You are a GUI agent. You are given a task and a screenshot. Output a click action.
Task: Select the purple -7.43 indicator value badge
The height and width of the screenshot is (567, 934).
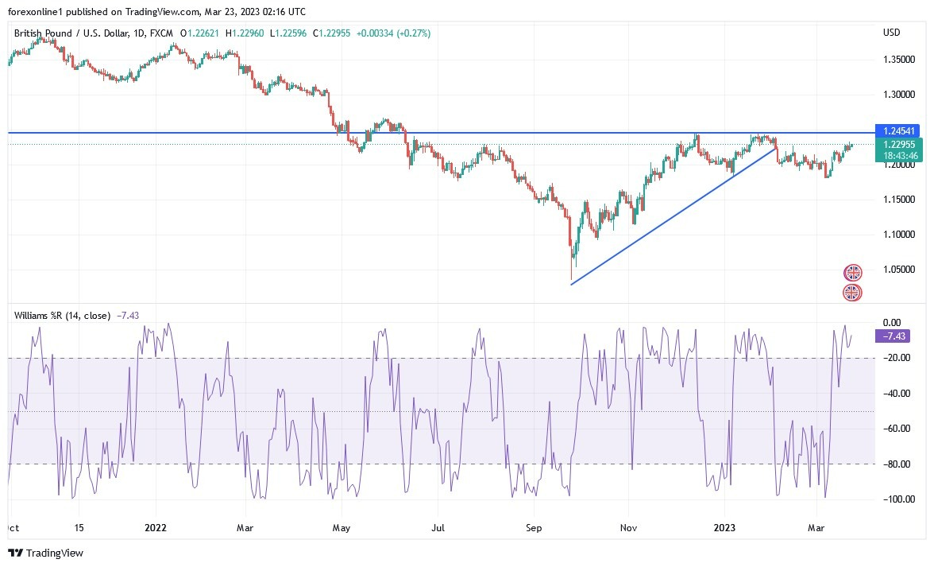892,336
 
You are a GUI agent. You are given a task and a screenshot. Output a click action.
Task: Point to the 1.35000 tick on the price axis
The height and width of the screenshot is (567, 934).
897,60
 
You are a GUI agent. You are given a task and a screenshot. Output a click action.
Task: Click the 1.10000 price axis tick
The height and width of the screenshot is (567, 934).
897,235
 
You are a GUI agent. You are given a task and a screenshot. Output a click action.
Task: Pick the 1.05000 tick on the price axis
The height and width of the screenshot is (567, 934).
897,270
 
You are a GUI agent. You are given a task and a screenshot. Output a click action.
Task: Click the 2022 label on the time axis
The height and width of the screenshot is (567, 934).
156,527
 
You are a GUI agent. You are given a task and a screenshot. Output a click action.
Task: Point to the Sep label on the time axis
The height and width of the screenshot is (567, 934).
534,527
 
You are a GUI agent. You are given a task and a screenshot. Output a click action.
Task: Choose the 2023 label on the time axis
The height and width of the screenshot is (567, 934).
724,527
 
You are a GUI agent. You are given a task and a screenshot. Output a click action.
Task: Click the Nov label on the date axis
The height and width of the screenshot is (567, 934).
628,527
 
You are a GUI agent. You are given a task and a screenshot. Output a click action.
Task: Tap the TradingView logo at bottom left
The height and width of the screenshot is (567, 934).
45,553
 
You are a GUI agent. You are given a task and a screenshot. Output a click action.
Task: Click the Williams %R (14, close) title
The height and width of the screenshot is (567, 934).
62,316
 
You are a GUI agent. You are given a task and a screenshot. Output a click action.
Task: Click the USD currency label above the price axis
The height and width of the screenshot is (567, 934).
891,33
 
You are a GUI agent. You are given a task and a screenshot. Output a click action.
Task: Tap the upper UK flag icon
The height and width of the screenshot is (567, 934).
852,273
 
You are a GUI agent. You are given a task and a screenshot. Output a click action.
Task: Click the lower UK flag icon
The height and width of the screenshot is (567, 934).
852,293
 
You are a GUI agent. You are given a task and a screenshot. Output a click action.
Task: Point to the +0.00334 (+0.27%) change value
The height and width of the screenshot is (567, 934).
393,33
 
